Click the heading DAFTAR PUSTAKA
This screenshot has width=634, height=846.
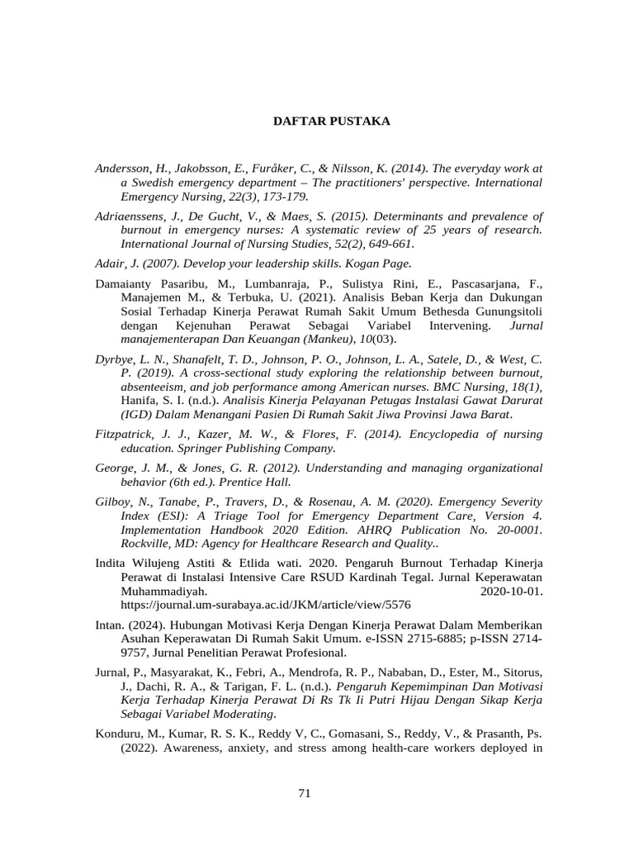pyautogui.click(x=332, y=121)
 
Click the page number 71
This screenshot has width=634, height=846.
pyautogui.click(x=304, y=793)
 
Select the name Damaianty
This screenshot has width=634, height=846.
pyautogui.click(x=125, y=283)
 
